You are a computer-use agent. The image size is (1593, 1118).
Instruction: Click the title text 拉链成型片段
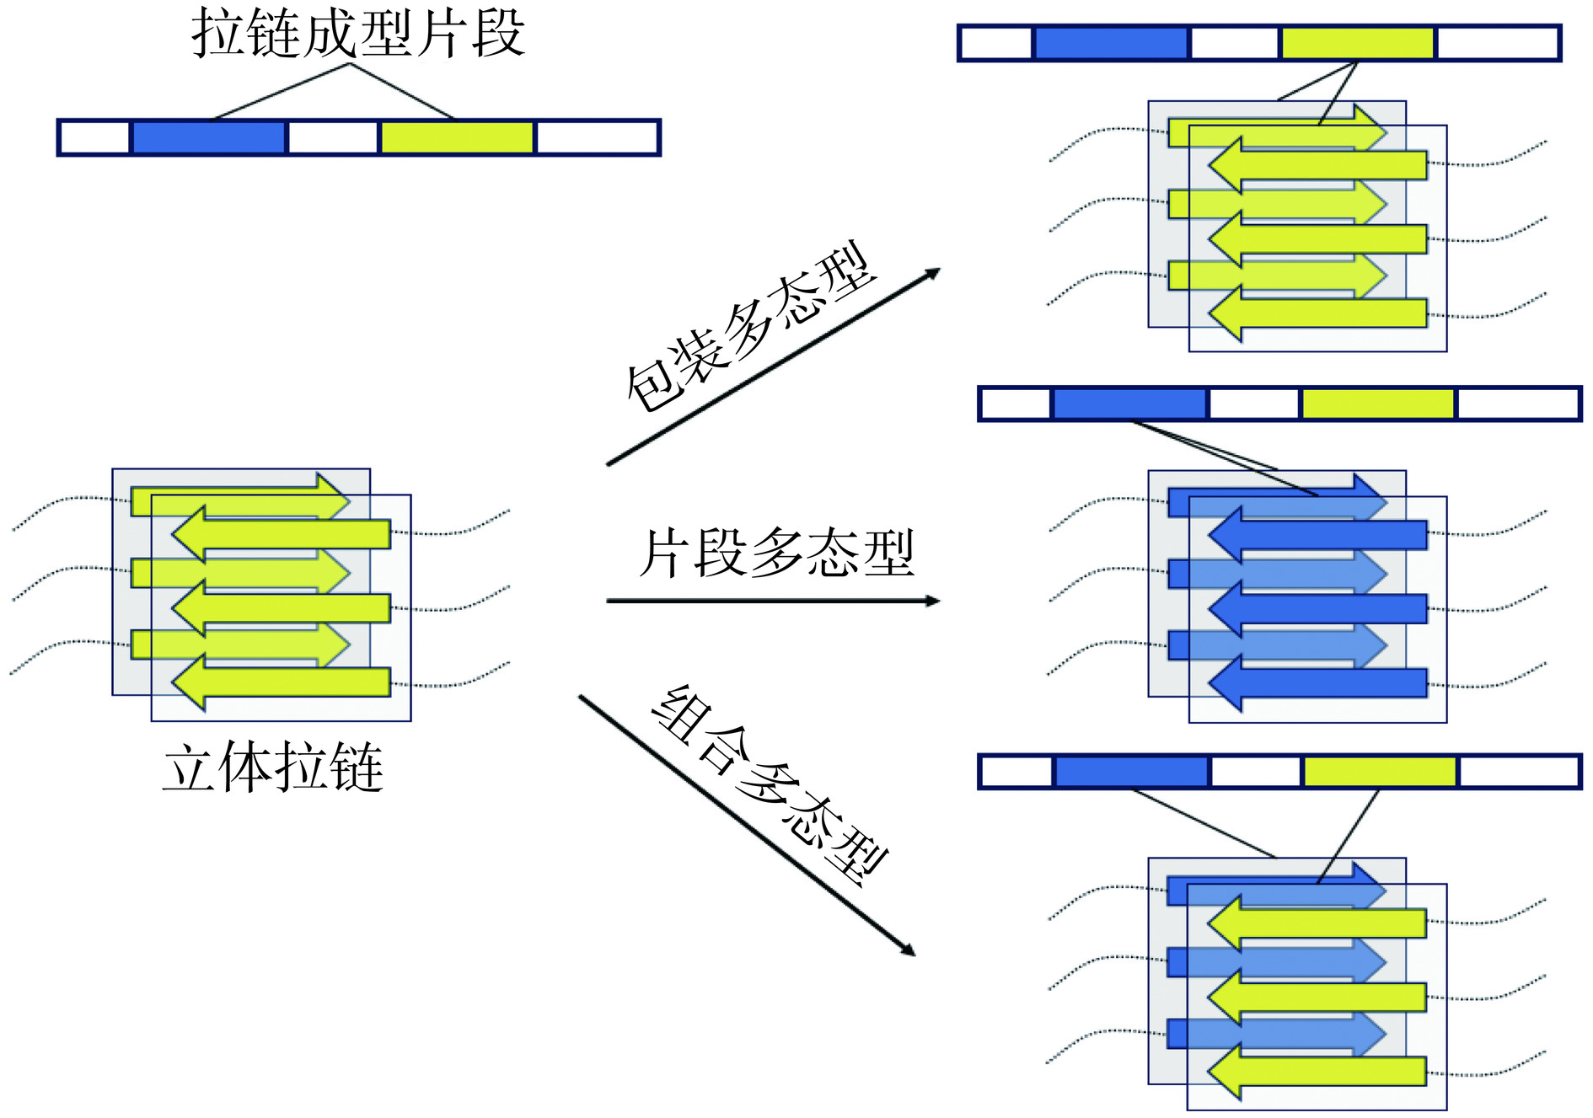coord(358,34)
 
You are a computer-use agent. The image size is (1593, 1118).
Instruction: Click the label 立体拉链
coord(273,767)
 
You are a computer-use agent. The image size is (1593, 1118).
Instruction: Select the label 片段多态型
coord(776,554)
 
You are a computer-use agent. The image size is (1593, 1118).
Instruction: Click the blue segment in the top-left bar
coord(208,137)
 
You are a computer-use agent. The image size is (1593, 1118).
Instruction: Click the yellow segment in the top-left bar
coord(457,137)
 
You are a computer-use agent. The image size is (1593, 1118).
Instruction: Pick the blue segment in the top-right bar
coord(1110,43)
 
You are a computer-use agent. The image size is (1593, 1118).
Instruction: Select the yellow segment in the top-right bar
coord(1357,43)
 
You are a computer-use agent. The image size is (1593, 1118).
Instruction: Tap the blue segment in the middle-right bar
coord(1129,404)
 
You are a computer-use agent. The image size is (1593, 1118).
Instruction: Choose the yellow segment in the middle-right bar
coord(1377,404)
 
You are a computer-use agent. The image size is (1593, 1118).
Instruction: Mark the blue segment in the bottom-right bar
coord(1131,771)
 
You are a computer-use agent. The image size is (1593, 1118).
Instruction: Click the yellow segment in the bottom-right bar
coord(1379,771)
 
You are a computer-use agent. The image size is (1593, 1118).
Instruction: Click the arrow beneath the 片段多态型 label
coord(771,601)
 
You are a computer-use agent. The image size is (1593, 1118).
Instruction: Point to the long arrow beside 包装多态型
coord(772,367)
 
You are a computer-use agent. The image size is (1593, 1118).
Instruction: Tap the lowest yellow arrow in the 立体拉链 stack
coord(282,682)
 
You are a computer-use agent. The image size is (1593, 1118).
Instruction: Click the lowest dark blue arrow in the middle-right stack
coord(1319,683)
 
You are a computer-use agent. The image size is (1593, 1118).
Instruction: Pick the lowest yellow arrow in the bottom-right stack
coord(1318,1071)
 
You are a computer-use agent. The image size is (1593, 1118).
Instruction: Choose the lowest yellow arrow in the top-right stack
coord(1319,313)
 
